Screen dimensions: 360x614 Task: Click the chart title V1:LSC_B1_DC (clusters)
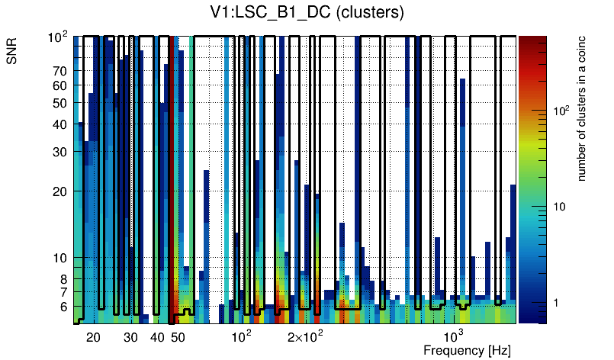[x=307, y=12]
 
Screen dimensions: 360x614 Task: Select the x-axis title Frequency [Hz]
[x=467, y=351]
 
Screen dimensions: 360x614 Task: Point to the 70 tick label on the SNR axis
[x=61, y=72]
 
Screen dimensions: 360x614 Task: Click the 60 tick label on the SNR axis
[x=61, y=85]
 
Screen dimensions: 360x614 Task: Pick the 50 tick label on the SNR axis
[x=61, y=103]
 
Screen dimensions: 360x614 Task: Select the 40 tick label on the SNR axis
[x=61, y=124]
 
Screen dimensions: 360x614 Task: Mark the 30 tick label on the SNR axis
[x=61, y=152]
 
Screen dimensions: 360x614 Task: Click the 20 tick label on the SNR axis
[x=61, y=191]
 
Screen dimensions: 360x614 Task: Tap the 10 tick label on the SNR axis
[x=61, y=258]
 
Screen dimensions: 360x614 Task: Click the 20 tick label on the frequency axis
[x=93, y=337]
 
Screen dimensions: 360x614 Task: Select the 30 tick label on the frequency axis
[x=130, y=337]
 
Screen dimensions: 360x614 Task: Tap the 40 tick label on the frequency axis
[x=157, y=337]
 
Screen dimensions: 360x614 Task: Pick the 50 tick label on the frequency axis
[x=178, y=337]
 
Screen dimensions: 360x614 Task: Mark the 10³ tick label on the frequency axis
[x=454, y=336]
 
